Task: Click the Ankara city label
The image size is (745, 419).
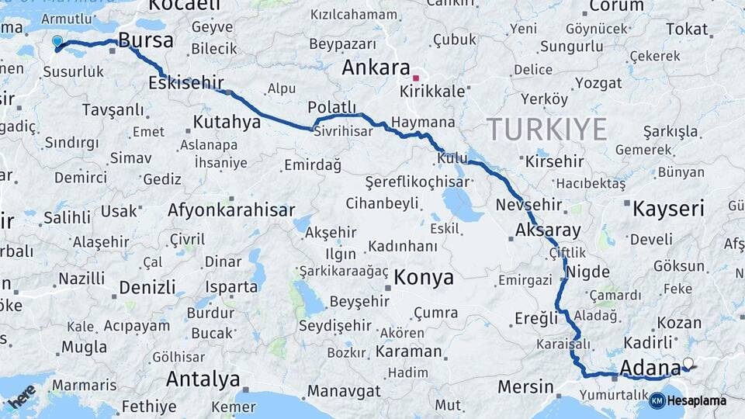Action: point(376,68)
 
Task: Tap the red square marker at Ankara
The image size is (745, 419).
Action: point(416,78)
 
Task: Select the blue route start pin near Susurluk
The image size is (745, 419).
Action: point(57,41)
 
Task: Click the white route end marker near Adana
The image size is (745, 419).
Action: point(688,362)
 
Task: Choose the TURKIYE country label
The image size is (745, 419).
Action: point(546,129)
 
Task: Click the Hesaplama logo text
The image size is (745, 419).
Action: point(696,400)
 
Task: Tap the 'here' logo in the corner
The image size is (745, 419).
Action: point(21,396)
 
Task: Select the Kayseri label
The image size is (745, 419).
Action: point(667,208)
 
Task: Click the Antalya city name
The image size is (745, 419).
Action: point(203,380)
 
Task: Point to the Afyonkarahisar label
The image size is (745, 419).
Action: point(231,210)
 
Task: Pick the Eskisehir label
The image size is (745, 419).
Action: point(186,83)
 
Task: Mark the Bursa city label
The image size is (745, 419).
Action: point(145,41)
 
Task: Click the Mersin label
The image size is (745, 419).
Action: point(525,386)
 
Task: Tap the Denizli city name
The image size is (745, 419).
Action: point(147,287)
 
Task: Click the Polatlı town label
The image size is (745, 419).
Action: point(331,107)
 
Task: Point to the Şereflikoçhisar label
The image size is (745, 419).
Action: point(418,182)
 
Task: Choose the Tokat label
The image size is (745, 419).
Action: point(687,29)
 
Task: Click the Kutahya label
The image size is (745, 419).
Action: point(227,122)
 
